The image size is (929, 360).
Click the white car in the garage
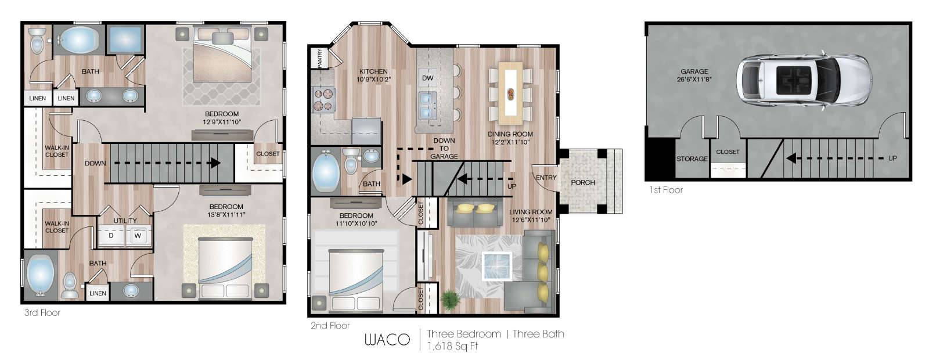point(804,81)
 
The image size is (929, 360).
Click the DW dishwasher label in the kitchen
point(427,78)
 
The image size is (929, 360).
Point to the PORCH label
point(583,182)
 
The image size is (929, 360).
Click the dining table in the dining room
point(510,93)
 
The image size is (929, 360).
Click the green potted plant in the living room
point(449,300)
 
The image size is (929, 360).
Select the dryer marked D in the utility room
point(111,236)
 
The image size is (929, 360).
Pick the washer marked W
point(138,236)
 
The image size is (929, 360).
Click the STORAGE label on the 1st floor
point(692,159)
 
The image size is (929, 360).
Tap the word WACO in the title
point(387,340)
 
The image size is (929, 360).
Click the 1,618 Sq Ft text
point(452,346)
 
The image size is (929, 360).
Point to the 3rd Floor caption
point(42,313)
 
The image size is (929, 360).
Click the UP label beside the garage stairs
point(892,159)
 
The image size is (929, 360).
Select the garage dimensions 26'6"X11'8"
point(694,79)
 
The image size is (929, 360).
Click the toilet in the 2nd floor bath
point(351,160)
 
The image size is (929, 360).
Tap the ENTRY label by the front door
point(546,178)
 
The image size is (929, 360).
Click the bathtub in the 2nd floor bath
point(326,172)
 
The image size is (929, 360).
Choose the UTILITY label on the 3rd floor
point(125,221)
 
